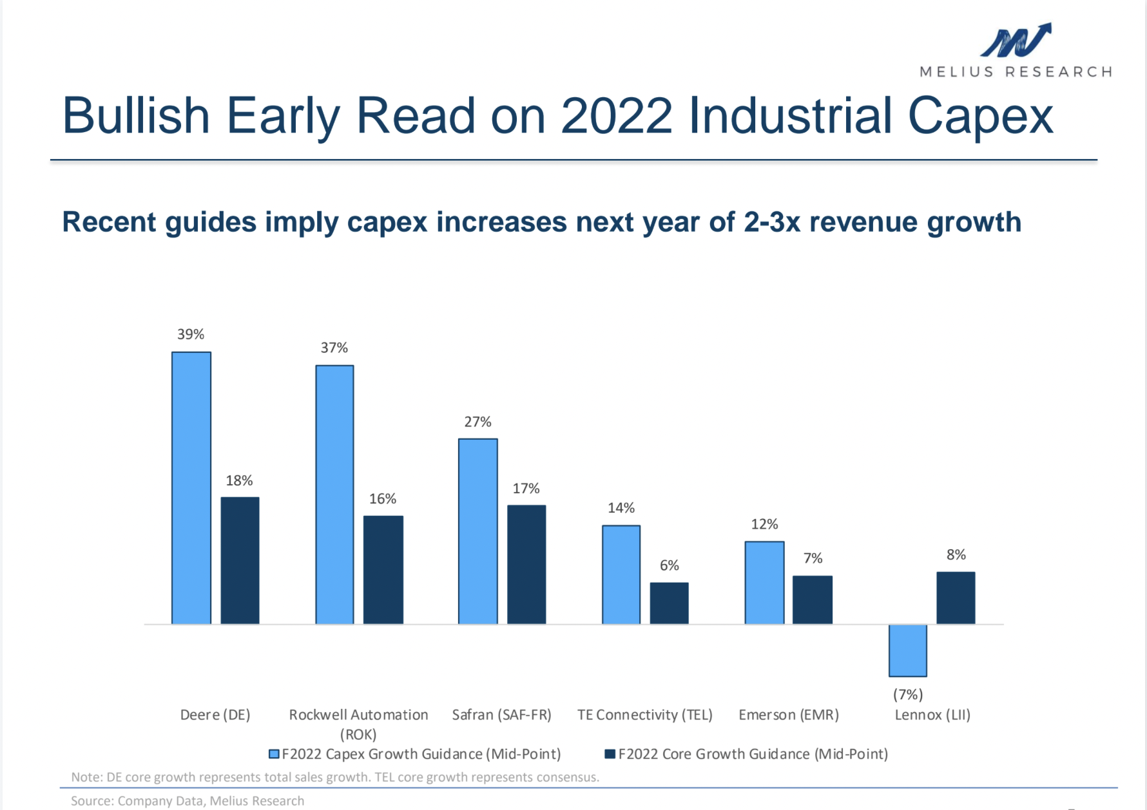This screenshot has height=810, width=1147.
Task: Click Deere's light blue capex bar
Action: coord(191,487)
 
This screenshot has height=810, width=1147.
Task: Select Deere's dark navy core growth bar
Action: coord(240,560)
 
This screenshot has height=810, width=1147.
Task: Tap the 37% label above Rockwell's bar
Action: coord(334,348)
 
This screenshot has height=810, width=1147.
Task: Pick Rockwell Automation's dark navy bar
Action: coord(383,569)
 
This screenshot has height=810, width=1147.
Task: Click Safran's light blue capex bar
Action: coord(477,531)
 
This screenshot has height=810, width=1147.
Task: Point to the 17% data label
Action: coord(526,489)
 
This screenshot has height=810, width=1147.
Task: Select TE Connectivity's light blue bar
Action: coord(621,574)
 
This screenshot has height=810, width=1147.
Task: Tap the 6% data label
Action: coord(669,565)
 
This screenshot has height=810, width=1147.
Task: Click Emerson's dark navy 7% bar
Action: coord(812,599)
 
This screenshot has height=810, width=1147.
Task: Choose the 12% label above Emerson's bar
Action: coord(764,524)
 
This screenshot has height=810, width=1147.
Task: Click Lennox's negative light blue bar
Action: coord(907,650)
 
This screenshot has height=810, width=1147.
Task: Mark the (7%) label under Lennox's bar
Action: coord(907,695)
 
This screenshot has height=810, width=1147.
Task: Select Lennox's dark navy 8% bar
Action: coord(956,598)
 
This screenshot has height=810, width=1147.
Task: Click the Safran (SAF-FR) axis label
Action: coord(501,715)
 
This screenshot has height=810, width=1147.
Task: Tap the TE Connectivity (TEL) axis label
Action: coord(644,715)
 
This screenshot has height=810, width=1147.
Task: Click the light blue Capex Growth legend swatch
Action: coord(274,754)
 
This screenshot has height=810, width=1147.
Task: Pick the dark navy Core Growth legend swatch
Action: coord(610,754)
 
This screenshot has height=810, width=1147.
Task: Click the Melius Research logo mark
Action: coord(1016,41)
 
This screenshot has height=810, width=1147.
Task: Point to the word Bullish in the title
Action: coord(136,117)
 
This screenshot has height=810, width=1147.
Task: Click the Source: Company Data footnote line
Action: coord(188,801)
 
